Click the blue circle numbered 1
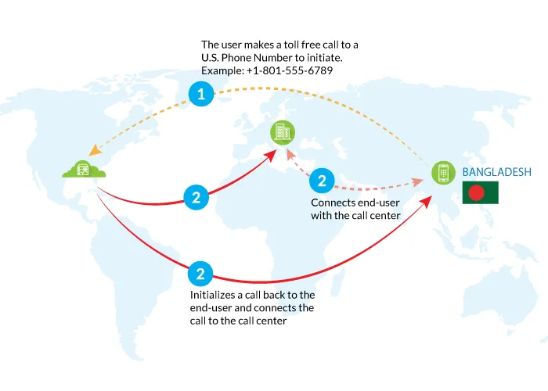pos(201,94)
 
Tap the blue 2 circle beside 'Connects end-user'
pos(322,181)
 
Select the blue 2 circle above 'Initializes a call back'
pos(200,274)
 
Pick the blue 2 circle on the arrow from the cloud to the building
pos(196,197)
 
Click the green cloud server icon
pos(84,170)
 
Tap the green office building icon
pos(283,133)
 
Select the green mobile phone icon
pos(444,173)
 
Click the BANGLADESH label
pos(496,172)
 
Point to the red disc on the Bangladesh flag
pos(476,192)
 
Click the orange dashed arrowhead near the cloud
pos(95,151)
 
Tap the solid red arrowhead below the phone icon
pos(426,202)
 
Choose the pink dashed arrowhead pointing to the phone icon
pos(417,182)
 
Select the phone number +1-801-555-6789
pos(290,70)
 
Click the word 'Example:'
pos(222,71)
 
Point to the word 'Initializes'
pos(212,295)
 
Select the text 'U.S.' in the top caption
pos(210,58)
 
